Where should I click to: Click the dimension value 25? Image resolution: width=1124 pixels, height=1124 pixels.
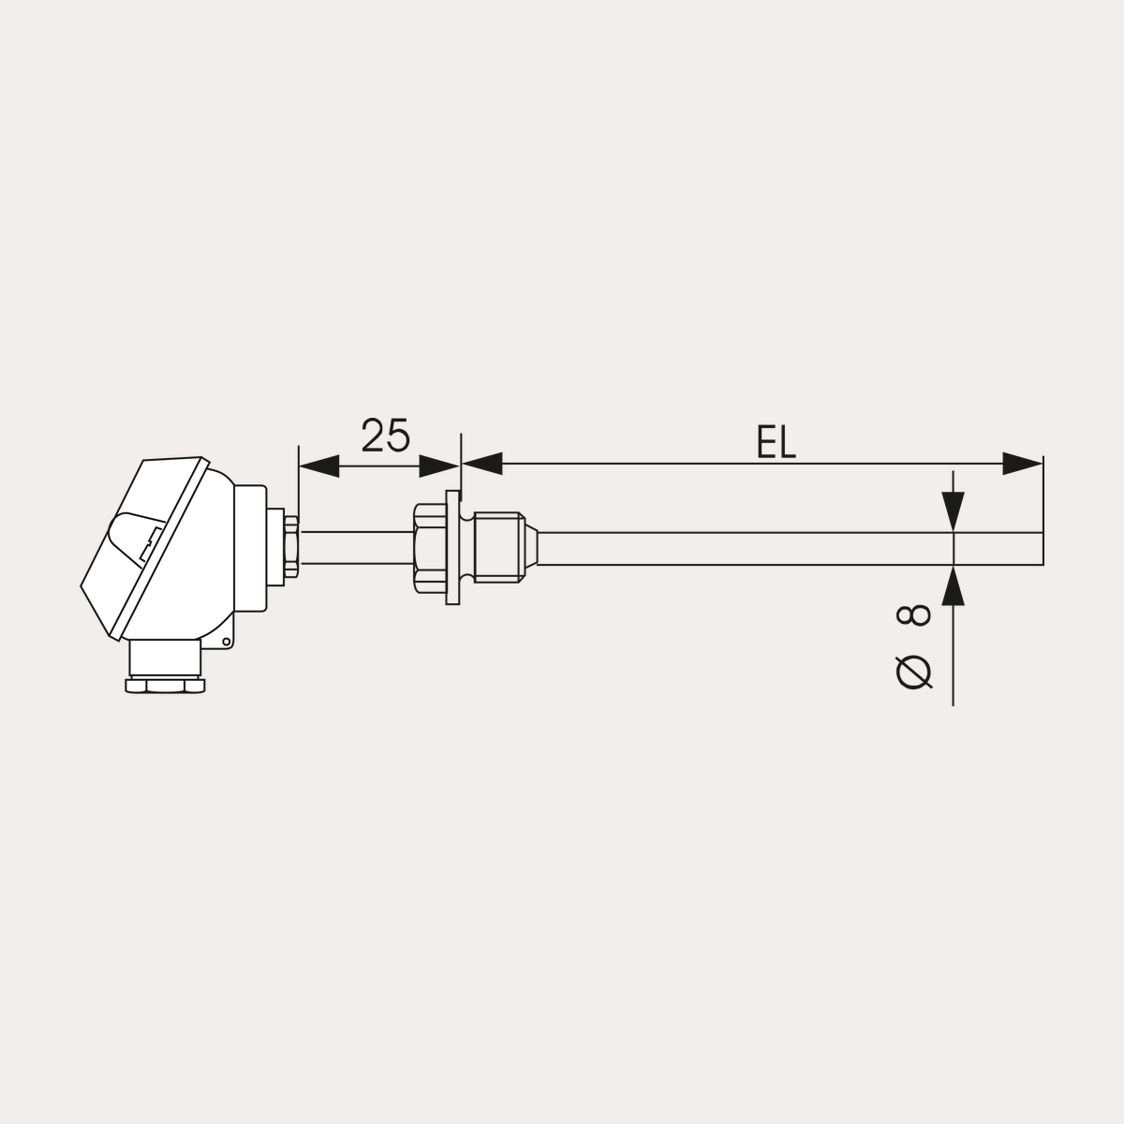[386, 436]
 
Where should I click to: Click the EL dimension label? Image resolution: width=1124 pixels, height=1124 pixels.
[776, 442]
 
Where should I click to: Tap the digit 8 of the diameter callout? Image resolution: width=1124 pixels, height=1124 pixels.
[913, 615]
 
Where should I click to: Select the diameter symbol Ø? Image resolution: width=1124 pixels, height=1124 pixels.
[913, 672]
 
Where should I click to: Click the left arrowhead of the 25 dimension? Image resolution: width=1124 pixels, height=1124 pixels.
[318, 466]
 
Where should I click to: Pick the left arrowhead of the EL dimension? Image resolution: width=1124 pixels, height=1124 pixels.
[482, 464]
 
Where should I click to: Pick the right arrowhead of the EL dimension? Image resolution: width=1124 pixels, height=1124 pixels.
[1023, 464]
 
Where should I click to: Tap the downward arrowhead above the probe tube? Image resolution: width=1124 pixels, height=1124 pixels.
[954, 511]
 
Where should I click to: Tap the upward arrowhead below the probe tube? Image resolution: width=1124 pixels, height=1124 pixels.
[954, 585]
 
